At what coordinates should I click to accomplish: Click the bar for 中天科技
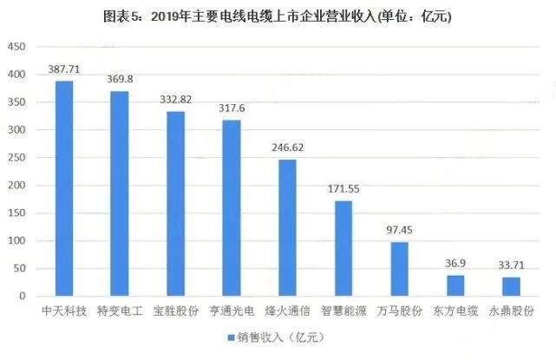[64, 188]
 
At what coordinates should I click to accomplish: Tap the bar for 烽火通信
[287, 227]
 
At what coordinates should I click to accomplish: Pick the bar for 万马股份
[399, 269]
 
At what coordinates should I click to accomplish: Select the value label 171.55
[343, 188]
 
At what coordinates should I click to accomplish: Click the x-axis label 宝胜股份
[175, 310]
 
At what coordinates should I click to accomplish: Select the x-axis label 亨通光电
[232, 310]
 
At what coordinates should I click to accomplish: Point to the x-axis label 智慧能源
[343, 310]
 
